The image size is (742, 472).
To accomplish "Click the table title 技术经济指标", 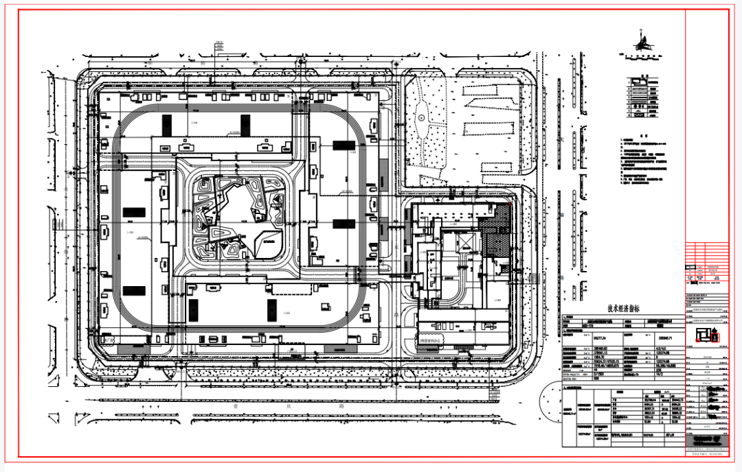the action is tap(622, 309).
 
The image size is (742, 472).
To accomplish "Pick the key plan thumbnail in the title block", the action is tap(706, 335).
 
